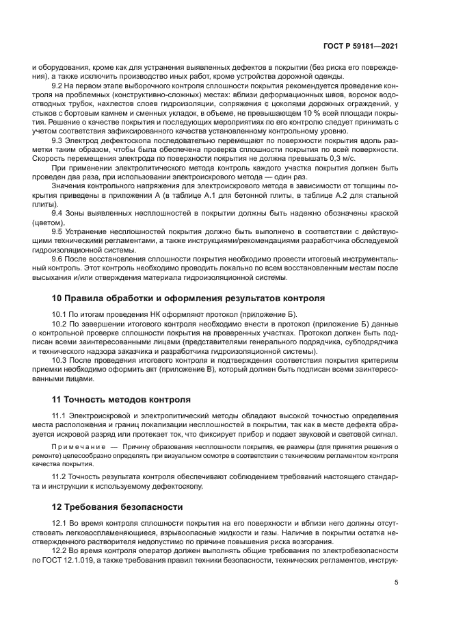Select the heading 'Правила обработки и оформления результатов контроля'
[x=183, y=298]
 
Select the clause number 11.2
[x=59, y=477]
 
